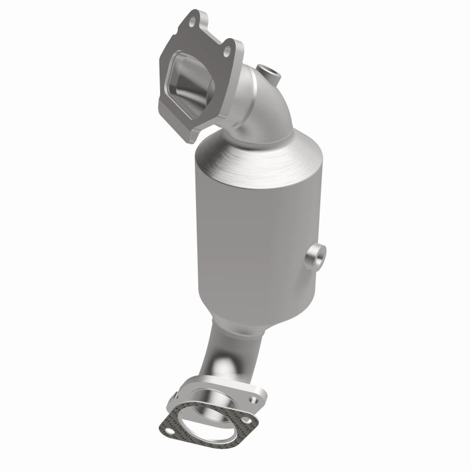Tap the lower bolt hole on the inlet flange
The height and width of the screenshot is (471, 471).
[x=227, y=53]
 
